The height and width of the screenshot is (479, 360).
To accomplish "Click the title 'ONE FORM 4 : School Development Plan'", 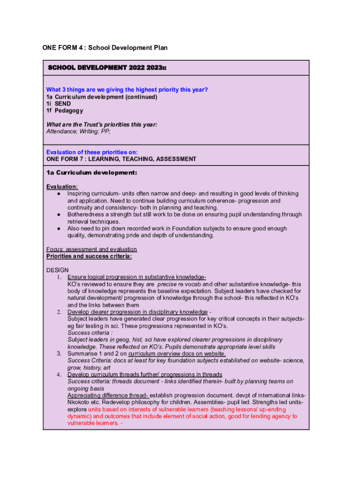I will coord(105,48).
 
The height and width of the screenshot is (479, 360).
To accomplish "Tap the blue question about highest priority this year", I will coord(127,90).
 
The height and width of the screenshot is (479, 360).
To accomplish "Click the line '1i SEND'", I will coord(58,104).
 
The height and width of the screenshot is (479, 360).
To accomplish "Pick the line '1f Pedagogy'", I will coord(65,111).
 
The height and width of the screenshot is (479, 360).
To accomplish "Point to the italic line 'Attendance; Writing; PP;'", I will coord(79,131).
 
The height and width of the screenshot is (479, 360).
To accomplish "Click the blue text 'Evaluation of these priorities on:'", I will coord(92,152).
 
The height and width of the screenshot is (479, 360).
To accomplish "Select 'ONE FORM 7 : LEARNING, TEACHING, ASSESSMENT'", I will coord(121,159).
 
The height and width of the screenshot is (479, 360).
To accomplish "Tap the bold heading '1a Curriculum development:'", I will coord(92,173).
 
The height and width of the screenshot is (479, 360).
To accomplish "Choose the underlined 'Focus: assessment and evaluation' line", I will coord(92,249).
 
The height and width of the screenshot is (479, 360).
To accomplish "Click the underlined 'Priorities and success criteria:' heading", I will coord(89,256).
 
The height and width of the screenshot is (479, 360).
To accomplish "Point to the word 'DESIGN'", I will coord(58,270).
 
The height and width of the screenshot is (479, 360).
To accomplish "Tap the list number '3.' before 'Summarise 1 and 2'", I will coord(59,354).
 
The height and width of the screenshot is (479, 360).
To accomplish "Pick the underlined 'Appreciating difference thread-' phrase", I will coord(108,395).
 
